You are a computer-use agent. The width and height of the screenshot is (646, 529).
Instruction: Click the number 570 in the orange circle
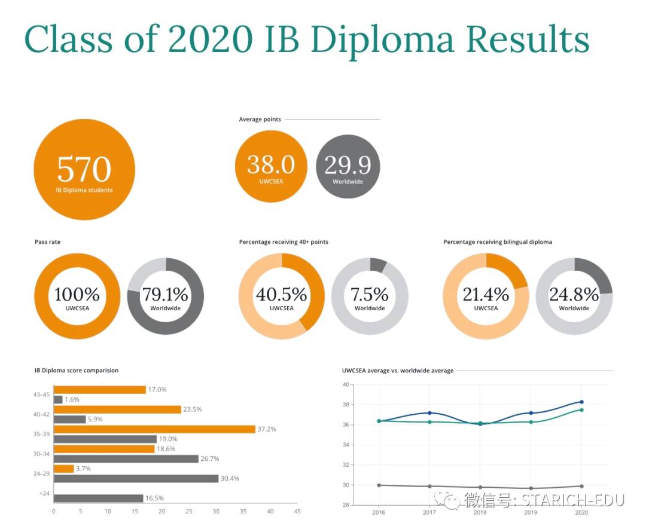point(84,169)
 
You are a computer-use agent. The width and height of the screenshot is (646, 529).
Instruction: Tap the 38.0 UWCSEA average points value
point(271,164)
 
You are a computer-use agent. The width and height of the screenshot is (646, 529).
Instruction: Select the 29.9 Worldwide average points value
point(348,164)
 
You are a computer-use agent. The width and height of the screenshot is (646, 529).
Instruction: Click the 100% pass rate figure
point(77,294)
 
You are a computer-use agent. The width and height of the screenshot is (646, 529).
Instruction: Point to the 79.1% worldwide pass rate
point(165,294)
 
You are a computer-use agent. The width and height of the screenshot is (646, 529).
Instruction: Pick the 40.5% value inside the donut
point(281,294)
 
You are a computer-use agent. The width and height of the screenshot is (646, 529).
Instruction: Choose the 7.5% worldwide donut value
point(370,294)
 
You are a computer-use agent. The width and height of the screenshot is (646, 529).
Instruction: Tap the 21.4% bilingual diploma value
point(486,294)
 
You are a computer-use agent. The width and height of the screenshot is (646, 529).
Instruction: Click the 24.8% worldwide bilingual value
point(574,294)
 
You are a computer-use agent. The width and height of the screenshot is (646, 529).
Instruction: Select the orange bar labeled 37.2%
point(154,429)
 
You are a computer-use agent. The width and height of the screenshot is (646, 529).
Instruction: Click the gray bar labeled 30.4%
point(136,478)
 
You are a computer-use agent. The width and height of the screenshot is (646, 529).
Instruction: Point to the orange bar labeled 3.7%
point(63,469)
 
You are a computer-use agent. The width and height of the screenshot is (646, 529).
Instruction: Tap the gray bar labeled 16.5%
point(98,498)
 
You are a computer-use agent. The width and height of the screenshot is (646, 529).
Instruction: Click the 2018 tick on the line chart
point(480,512)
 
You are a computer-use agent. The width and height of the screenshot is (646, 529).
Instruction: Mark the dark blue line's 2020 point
point(581,402)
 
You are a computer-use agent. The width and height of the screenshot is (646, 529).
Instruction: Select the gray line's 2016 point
point(379,485)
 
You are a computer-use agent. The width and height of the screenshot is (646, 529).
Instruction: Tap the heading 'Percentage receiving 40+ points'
point(284,242)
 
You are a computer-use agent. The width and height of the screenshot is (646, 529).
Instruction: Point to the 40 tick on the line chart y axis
point(346,384)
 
